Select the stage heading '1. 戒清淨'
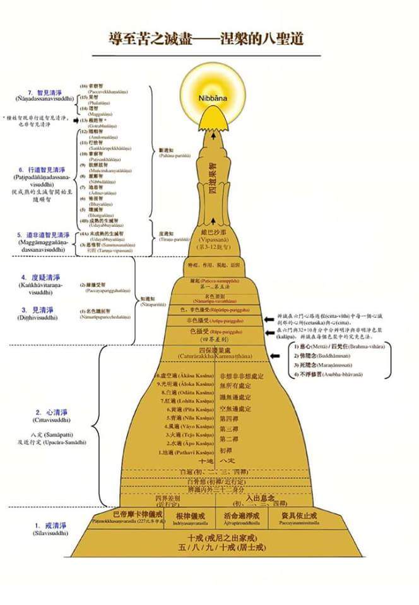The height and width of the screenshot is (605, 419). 49,525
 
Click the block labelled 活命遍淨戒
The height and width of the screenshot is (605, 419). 244,516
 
